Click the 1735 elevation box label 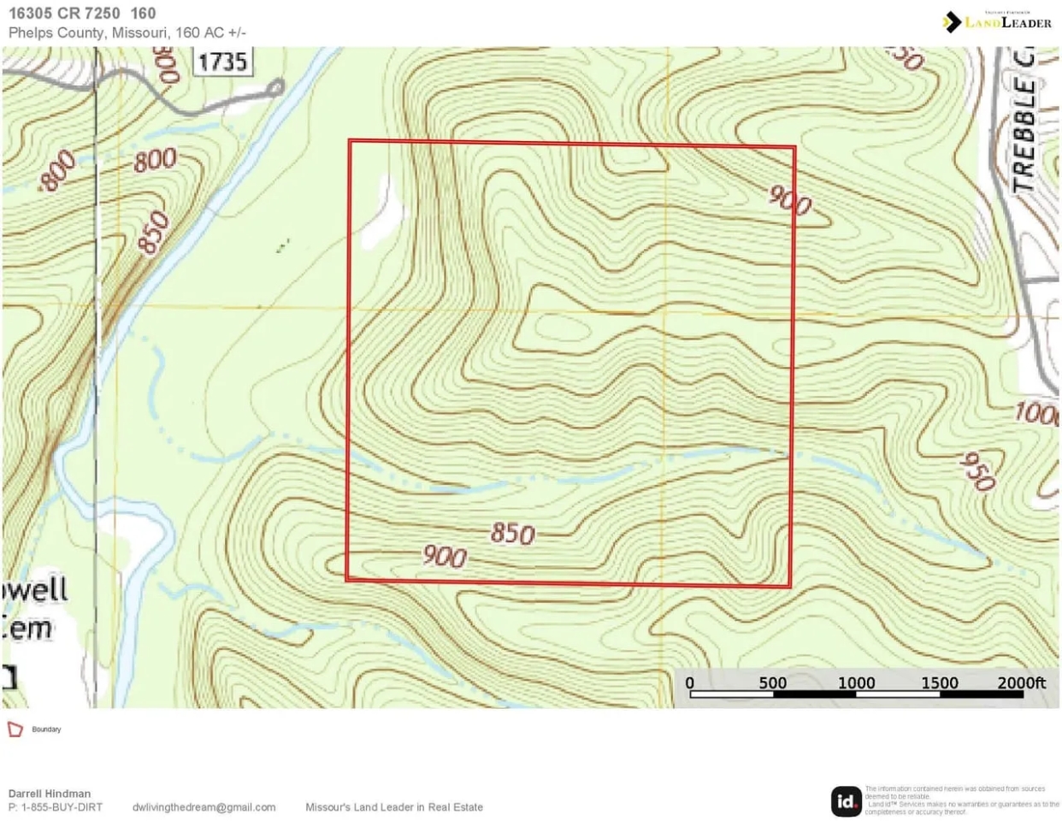(222, 62)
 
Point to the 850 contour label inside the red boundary (512, 534)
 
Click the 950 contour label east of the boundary (976, 471)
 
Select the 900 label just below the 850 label (445, 557)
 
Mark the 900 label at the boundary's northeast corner (789, 201)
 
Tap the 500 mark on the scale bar (772, 682)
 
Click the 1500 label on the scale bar (939, 682)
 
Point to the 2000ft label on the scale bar (1021, 682)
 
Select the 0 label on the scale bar (690, 682)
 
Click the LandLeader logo (997, 21)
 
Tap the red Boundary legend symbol (15, 729)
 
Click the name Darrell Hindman (50, 794)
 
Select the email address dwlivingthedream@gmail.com (204, 807)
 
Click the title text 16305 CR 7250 (64, 14)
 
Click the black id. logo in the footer (846, 801)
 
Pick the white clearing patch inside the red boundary (381, 214)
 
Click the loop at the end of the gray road (276, 87)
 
